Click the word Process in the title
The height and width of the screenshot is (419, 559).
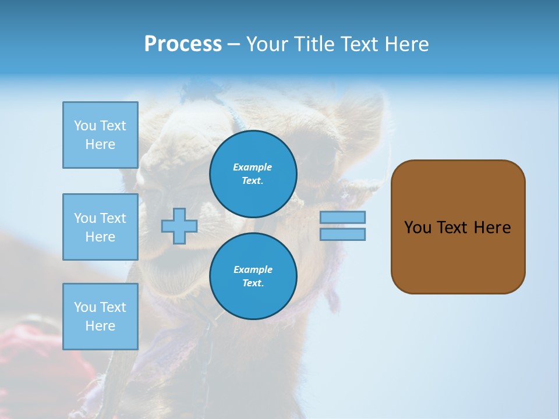pyautogui.click(x=183, y=44)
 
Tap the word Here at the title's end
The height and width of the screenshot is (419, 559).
pyautogui.click(x=405, y=44)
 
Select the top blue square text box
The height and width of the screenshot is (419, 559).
pyautogui.click(x=100, y=135)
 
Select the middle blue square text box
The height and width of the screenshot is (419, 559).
pyautogui.click(x=100, y=227)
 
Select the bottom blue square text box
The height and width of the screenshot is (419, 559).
pyautogui.click(x=100, y=317)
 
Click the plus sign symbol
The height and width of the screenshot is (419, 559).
pyautogui.click(x=179, y=226)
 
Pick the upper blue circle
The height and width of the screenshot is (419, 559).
pyautogui.click(x=253, y=174)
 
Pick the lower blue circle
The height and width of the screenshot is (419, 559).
pyautogui.click(x=253, y=276)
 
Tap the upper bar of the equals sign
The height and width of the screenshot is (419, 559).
pyautogui.click(x=343, y=217)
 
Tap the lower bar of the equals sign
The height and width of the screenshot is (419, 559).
pyautogui.click(x=343, y=234)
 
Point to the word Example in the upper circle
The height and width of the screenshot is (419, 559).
pyautogui.click(x=252, y=167)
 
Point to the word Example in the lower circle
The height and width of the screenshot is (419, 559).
pyautogui.click(x=252, y=269)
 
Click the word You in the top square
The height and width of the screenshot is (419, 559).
pyautogui.click(x=85, y=126)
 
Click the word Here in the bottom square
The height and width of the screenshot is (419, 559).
pyautogui.click(x=100, y=326)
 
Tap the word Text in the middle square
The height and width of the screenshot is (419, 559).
pyautogui.click(x=114, y=218)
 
